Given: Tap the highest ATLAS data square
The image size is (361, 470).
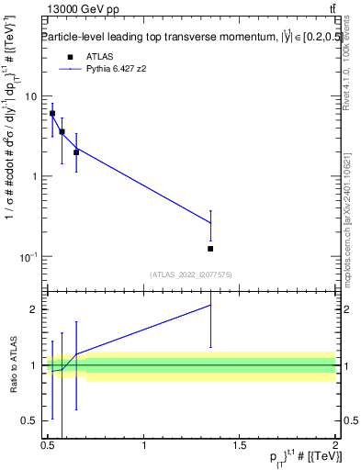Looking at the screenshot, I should [x=52, y=114].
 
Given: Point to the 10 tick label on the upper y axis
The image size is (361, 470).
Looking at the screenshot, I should [x=31, y=96].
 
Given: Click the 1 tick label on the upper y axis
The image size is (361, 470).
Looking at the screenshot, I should [x=34, y=176].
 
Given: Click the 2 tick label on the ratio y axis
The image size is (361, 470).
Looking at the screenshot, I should [x=34, y=309].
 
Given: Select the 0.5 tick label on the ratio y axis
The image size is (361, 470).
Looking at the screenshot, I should [x=29, y=421].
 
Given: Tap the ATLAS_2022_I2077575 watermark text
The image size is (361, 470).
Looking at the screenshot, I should [x=191, y=274].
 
